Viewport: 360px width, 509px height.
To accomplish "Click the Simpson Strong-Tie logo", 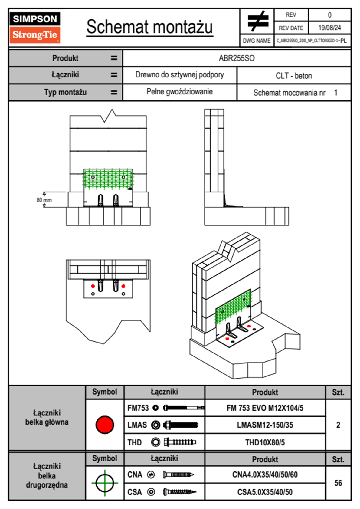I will coord(35,27).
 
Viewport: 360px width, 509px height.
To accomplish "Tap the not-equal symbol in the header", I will coord(257,21).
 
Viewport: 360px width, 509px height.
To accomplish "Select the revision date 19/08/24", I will coord(329,28).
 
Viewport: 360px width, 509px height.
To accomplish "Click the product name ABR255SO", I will coord(237,58).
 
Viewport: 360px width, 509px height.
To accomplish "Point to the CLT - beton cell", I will coord(294,76).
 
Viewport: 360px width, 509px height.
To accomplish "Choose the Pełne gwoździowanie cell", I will coord(179,92).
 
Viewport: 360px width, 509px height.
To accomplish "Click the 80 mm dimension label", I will coord(44,200).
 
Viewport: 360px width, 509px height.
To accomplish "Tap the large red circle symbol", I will coord(105,424).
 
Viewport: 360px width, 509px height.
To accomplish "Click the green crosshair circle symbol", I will coord(105,483).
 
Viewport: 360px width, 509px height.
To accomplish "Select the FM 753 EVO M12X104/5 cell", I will coord(265,408).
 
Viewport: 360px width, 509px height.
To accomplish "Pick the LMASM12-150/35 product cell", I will coord(265,425).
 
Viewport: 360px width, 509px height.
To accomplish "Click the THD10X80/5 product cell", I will coord(265,442).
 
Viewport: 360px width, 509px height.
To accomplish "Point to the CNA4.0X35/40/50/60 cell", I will coord(265,475).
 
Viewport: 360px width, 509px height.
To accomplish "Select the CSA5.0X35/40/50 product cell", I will coord(265,492).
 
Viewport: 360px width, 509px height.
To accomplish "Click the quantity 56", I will coord(338,483).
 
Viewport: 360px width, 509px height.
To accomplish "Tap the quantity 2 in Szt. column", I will coord(338,425).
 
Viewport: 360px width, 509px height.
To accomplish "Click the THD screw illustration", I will coord(180,442).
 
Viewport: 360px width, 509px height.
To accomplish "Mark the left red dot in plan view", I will coord(93,286).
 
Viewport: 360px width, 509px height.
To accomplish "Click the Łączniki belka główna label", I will coord(47,417).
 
